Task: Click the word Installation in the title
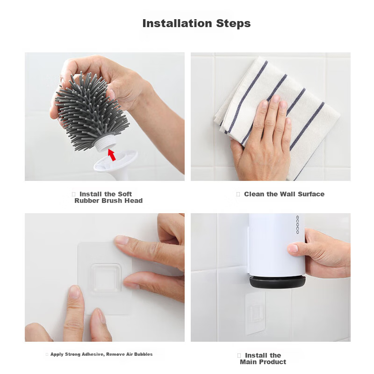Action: tap(177, 23)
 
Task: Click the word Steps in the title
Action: tap(233, 24)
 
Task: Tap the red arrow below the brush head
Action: tap(112, 155)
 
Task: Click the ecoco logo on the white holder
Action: tap(297, 225)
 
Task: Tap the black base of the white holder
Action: tap(277, 282)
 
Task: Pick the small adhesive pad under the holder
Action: tap(255, 312)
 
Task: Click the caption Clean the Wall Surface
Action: tap(284, 194)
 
